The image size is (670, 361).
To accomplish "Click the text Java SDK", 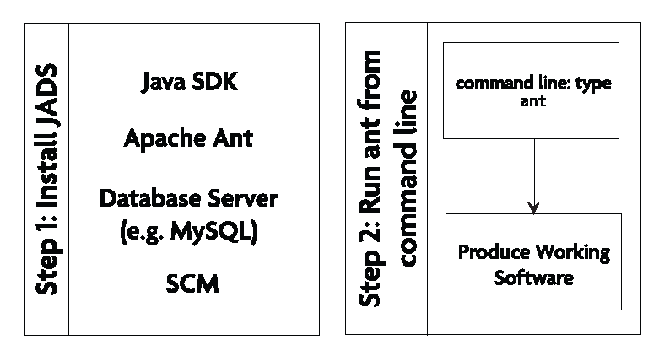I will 190,84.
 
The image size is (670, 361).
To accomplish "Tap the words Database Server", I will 189,200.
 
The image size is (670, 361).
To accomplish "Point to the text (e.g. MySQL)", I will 189,230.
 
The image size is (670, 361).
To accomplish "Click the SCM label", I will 192,284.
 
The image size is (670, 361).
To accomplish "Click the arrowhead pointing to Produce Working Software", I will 532,207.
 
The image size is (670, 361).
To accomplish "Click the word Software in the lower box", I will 533,277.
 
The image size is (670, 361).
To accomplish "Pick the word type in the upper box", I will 591,86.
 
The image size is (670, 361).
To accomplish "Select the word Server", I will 243,200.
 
